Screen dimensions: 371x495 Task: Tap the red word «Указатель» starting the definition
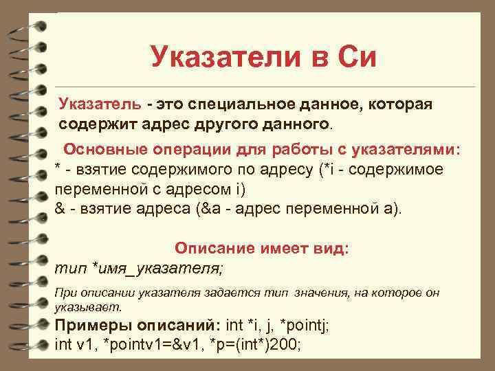100,105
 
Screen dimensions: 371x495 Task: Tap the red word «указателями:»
406,150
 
